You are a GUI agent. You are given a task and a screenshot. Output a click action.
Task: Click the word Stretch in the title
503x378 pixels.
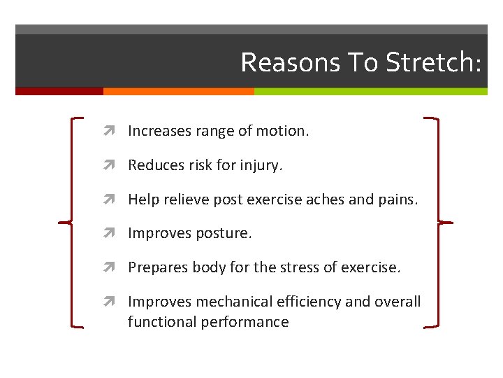tap(433, 62)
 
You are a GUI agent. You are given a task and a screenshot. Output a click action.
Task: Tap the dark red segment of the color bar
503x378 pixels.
tap(59, 91)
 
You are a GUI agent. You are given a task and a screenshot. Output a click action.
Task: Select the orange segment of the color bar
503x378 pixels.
tap(178, 91)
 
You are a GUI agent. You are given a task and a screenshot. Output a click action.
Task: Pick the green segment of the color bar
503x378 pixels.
tap(370, 91)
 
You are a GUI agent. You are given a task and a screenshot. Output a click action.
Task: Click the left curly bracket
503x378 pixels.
tap(73, 223)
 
